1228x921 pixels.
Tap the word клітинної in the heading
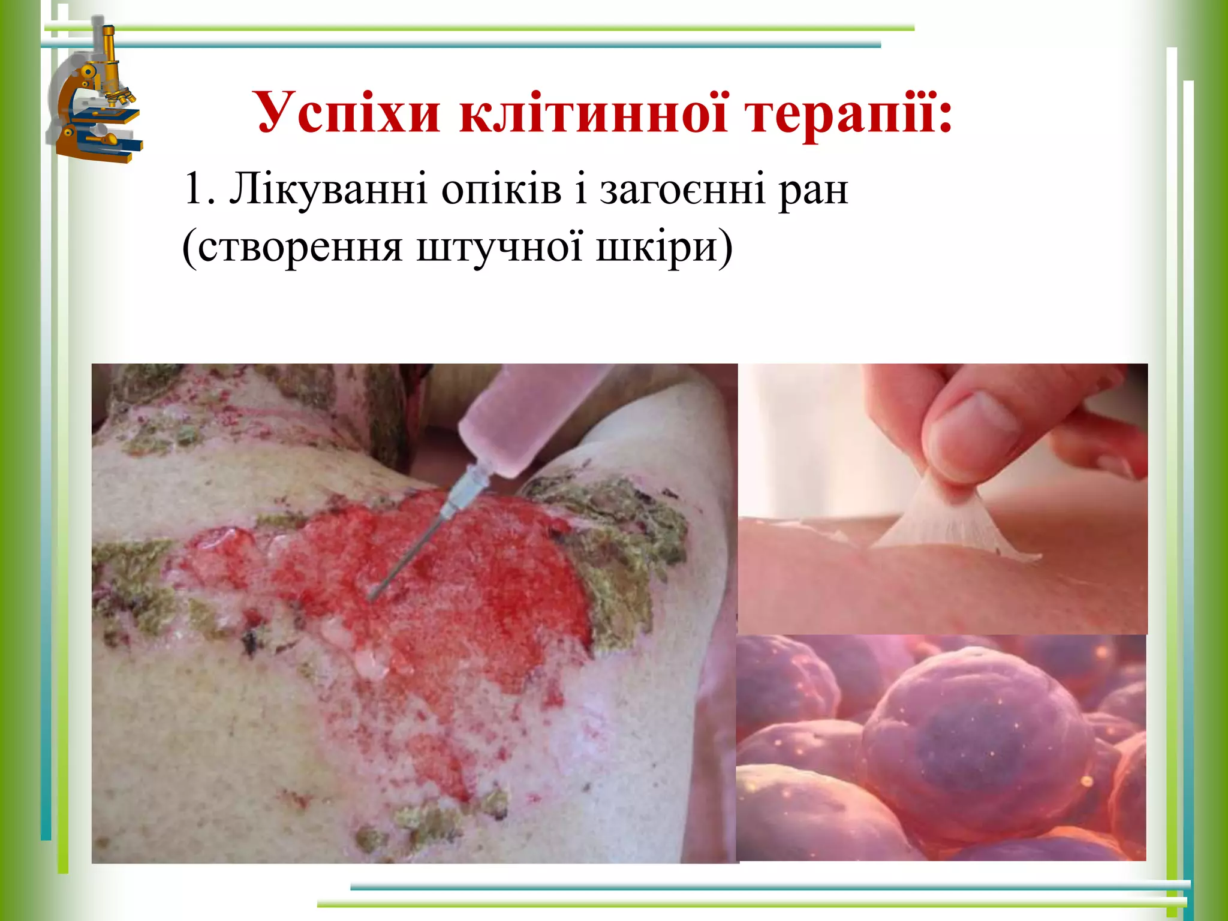(x=594, y=113)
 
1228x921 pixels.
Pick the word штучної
(x=499, y=247)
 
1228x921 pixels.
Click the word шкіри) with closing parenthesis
(x=664, y=247)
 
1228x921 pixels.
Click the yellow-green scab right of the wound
(x=624, y=540)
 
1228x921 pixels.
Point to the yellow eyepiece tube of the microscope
(x=110, y=51)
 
